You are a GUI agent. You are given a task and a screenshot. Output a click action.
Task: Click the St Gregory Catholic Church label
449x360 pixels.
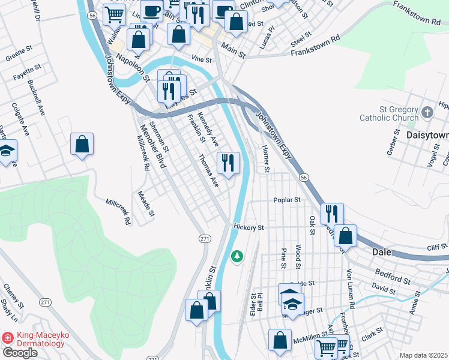(x=390, y=113)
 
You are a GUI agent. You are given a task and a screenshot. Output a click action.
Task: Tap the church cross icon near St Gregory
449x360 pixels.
(x=427, y=112)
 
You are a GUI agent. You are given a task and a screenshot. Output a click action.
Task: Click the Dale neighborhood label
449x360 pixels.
(x=382, y=253)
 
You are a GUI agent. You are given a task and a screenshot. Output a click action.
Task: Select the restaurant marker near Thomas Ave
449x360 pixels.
(x=228, y=163)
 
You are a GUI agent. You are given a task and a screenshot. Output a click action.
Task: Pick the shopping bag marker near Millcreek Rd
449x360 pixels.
(x=82, y=144)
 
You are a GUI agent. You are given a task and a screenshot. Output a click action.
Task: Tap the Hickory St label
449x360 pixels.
(x=249, y=228)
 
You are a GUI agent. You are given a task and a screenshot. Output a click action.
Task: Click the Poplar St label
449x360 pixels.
(x=286, y=200)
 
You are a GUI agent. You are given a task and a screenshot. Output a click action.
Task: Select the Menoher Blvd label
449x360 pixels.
(x=148, y=143)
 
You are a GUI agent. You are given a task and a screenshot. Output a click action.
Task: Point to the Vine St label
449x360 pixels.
(x=202, y=60)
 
